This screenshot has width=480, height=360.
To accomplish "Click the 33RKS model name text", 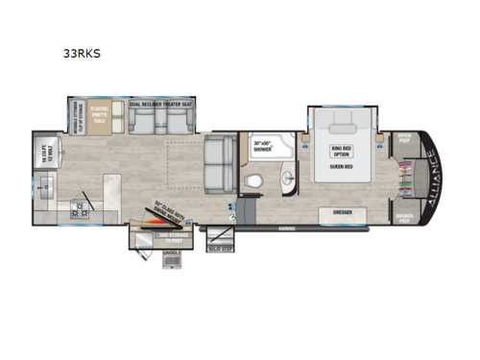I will point(85,56).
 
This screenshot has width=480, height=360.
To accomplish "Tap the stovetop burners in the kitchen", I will point(78,205).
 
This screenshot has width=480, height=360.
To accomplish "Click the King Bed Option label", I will point(343,150).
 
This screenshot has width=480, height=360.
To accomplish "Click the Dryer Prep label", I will point(404,137).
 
